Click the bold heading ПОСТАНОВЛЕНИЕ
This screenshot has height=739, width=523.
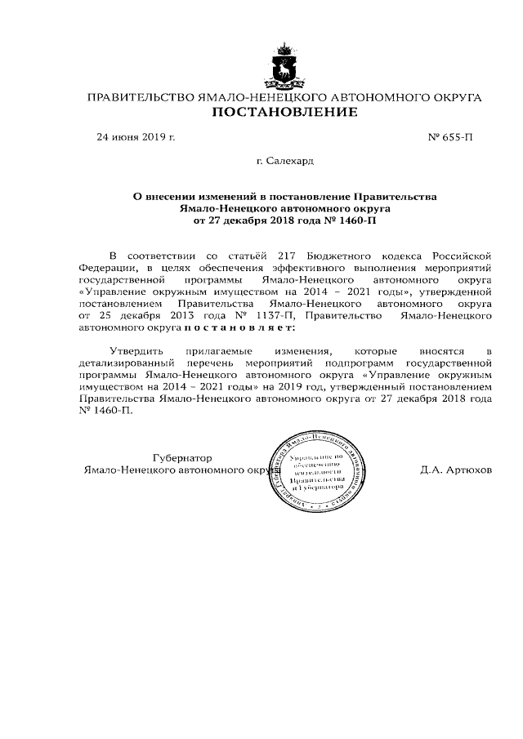pyautogui.click(x=284, y=112)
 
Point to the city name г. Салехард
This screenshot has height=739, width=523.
pyautogui.click(x=284, y=162)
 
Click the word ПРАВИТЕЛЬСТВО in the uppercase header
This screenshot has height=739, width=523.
pyautogui.click(x=136, y=97)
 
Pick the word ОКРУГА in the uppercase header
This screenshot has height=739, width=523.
pyautogui.click(x=450, y=97)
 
